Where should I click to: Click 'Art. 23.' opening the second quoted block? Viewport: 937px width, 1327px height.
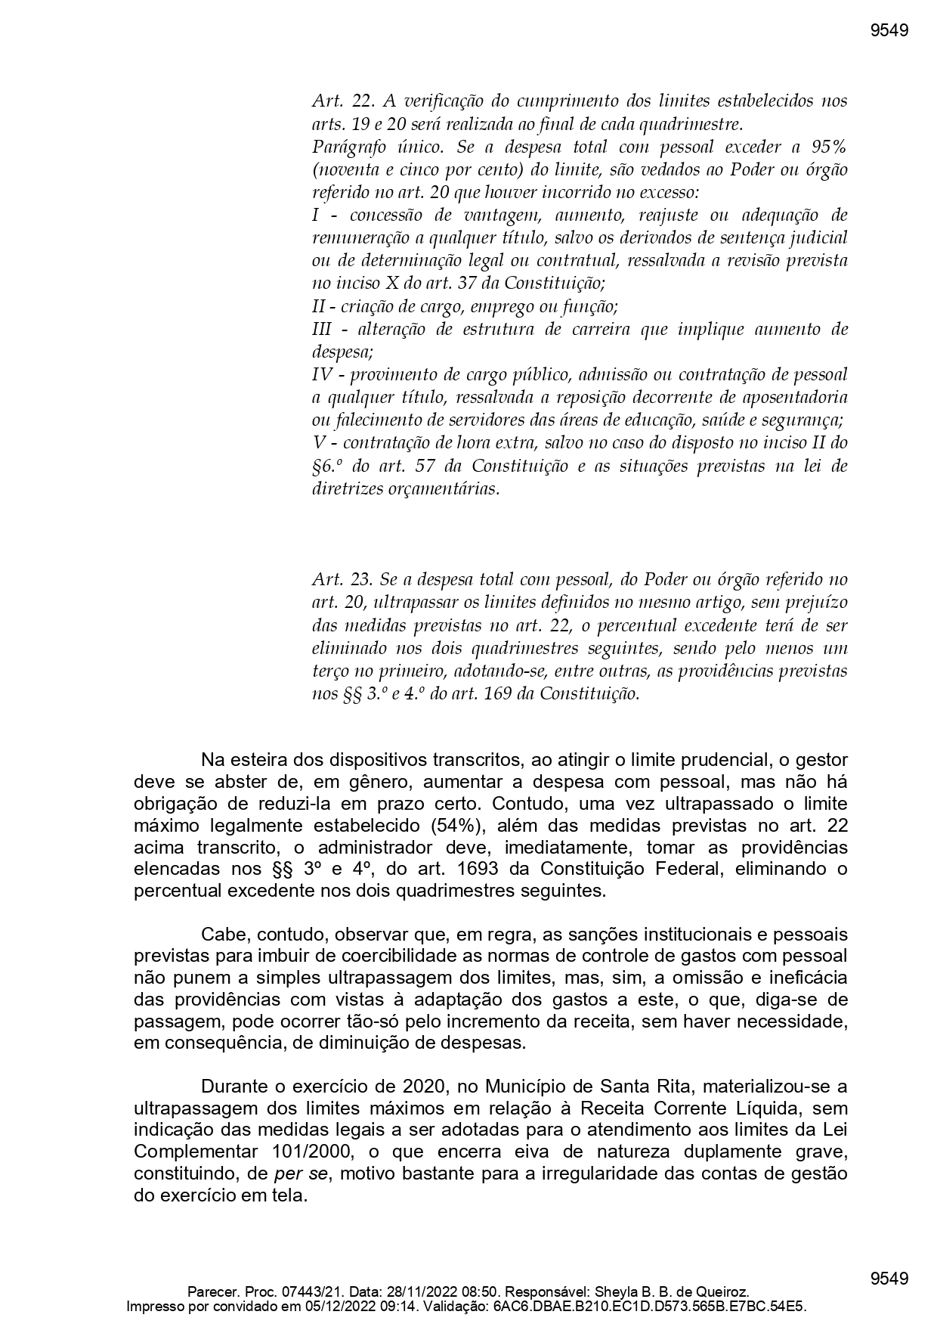[x=342, y=580]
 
